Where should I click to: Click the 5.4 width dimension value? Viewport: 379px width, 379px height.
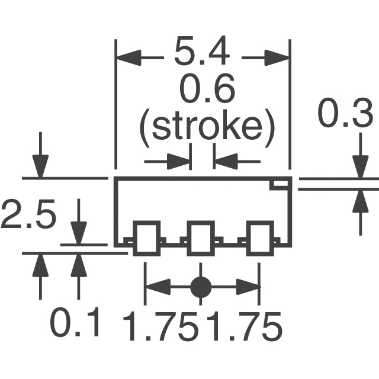pos(202,51)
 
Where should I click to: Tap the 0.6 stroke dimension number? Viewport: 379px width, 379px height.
pos(207,88)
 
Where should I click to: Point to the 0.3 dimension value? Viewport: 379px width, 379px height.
pos(345,113)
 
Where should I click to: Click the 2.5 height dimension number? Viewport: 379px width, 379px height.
pos(28,213)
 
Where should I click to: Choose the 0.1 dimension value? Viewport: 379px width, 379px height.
pos(75,322)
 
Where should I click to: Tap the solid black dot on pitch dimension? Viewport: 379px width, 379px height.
pos(201,287)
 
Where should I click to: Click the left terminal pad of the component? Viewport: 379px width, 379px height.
pos(146,238)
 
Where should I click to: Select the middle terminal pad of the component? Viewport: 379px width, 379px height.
pos(201,238)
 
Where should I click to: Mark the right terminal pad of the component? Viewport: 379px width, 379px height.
pos(260,238)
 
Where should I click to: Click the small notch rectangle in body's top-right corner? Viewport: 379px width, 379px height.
pos(280,184)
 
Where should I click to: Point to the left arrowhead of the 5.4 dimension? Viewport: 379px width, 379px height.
pos(129,58)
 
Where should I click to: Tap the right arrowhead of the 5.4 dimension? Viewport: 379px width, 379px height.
pos(277,58)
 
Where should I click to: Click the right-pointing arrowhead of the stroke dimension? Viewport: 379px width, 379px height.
pos(178,161)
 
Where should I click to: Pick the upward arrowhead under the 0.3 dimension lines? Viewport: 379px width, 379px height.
pos(361,201)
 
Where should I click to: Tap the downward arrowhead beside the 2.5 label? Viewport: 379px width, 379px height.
pos(79,233)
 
